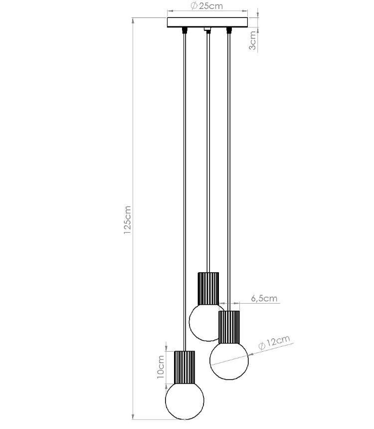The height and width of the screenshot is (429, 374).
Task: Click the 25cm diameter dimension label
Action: point(207,6)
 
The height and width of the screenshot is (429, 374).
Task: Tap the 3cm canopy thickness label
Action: point(253,40)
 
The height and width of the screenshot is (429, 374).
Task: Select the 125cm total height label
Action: point(127,220)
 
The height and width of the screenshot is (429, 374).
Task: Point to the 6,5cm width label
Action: point(264,298)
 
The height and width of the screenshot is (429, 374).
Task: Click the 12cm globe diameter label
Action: point(274,342)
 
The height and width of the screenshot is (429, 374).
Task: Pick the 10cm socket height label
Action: point(161,367)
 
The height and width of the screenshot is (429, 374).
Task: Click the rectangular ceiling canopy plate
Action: point(207,22)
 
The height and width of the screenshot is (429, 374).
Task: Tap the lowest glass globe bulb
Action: point(185,401)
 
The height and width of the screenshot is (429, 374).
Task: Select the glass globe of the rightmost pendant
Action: point(229,361)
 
